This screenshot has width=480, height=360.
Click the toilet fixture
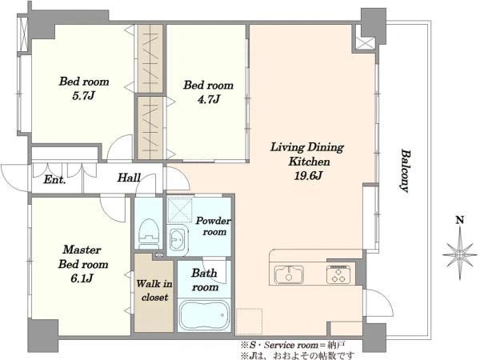[x=149, y=234]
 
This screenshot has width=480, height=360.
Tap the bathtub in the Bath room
[x=204, y=315]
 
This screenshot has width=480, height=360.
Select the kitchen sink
[x=289, y=274]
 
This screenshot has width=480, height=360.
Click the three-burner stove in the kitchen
[x=338, y=274]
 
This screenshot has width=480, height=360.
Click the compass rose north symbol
[x=459, y=254]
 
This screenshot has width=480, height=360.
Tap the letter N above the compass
[x=460, y=220]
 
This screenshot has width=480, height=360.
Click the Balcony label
[x=406, y=170]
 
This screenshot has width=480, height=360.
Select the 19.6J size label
[x=308, y=176]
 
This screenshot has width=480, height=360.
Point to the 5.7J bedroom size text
[x=83, y=96]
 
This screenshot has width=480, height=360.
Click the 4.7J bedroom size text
[x=208, y=99]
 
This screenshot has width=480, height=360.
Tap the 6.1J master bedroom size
[x=82, y=278]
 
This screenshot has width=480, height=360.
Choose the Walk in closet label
[x=154, y=290]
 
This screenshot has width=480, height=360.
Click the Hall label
[x=129, y=178]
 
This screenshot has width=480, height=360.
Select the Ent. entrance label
[x=54, y=179]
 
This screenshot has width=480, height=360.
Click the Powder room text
[x=214, y=226]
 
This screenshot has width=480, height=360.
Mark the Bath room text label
[x=205, y=280]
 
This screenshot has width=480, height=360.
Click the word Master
[x=82, y=250]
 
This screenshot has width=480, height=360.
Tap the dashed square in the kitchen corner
[x=249, y=321]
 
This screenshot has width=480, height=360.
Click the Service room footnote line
[x=293, y=346]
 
